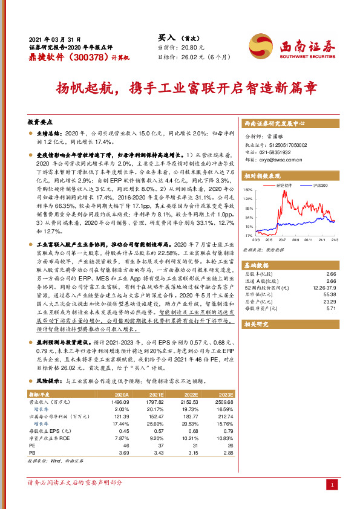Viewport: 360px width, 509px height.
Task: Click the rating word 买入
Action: coord(165,37)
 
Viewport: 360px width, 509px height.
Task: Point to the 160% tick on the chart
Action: coord(249,189)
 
